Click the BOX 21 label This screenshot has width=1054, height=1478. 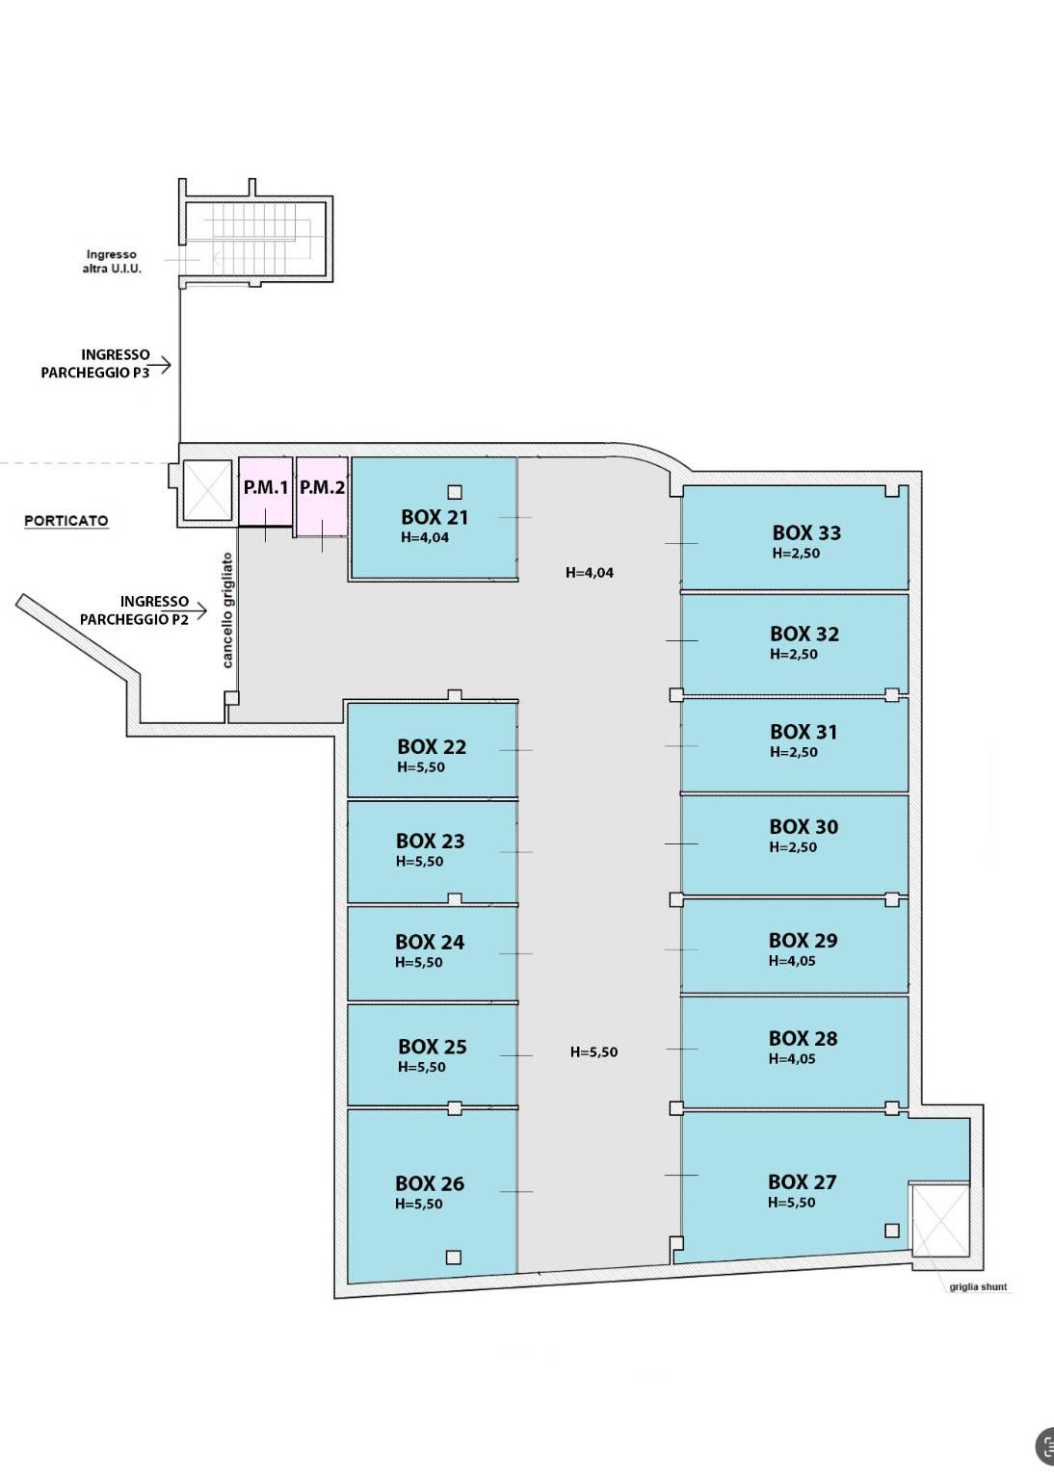click(x=435, y=517)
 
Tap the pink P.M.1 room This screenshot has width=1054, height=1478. click(x=266, y=491)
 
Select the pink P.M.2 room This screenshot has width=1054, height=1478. click(x=323, y=496)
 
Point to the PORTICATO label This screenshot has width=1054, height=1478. click(x=66, y=521)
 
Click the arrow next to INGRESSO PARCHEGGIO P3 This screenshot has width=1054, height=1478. click(x=161, y=364)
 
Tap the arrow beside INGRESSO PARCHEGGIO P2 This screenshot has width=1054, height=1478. click(x=197, y=611)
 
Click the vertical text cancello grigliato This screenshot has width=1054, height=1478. click(x=227, y=610)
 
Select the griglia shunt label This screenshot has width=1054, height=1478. click(x=978, y=1286)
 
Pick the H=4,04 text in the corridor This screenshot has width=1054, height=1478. click(x=590, y=573)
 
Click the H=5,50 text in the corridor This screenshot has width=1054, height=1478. click(x=593, y=1051)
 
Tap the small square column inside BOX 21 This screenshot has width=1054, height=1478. click(x=455, y=492)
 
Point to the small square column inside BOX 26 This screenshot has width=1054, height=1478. click(x=454, y=1257)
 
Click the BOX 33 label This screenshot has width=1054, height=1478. click(x=806, y=532)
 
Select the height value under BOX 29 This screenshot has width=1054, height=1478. click(x=792, y=961)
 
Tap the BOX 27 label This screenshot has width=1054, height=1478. click(x=802, y=1181)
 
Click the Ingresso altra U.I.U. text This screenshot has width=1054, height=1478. click(x=112, y=261)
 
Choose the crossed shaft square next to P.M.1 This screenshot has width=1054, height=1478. click(x=207, y=490)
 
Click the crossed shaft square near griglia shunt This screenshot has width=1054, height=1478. click(x=939, y=1220)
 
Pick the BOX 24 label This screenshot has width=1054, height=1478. click(x=430, y=942)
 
